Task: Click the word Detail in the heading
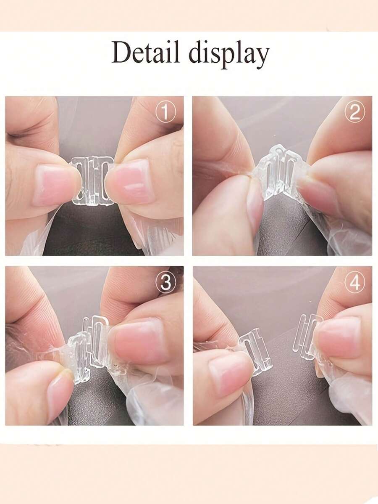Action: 146,53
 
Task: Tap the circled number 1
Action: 165,113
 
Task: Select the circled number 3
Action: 165,283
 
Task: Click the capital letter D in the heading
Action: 122,53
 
